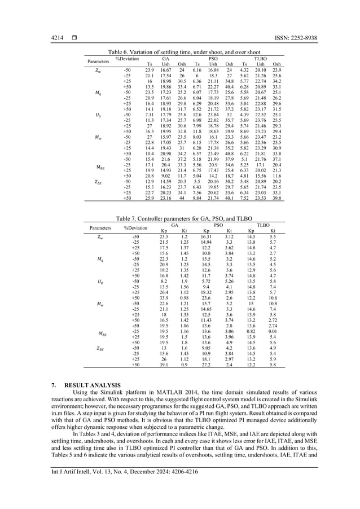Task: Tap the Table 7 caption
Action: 180,217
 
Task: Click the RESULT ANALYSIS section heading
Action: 85,385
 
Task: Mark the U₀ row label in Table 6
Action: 99,115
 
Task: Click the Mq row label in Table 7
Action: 99,260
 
